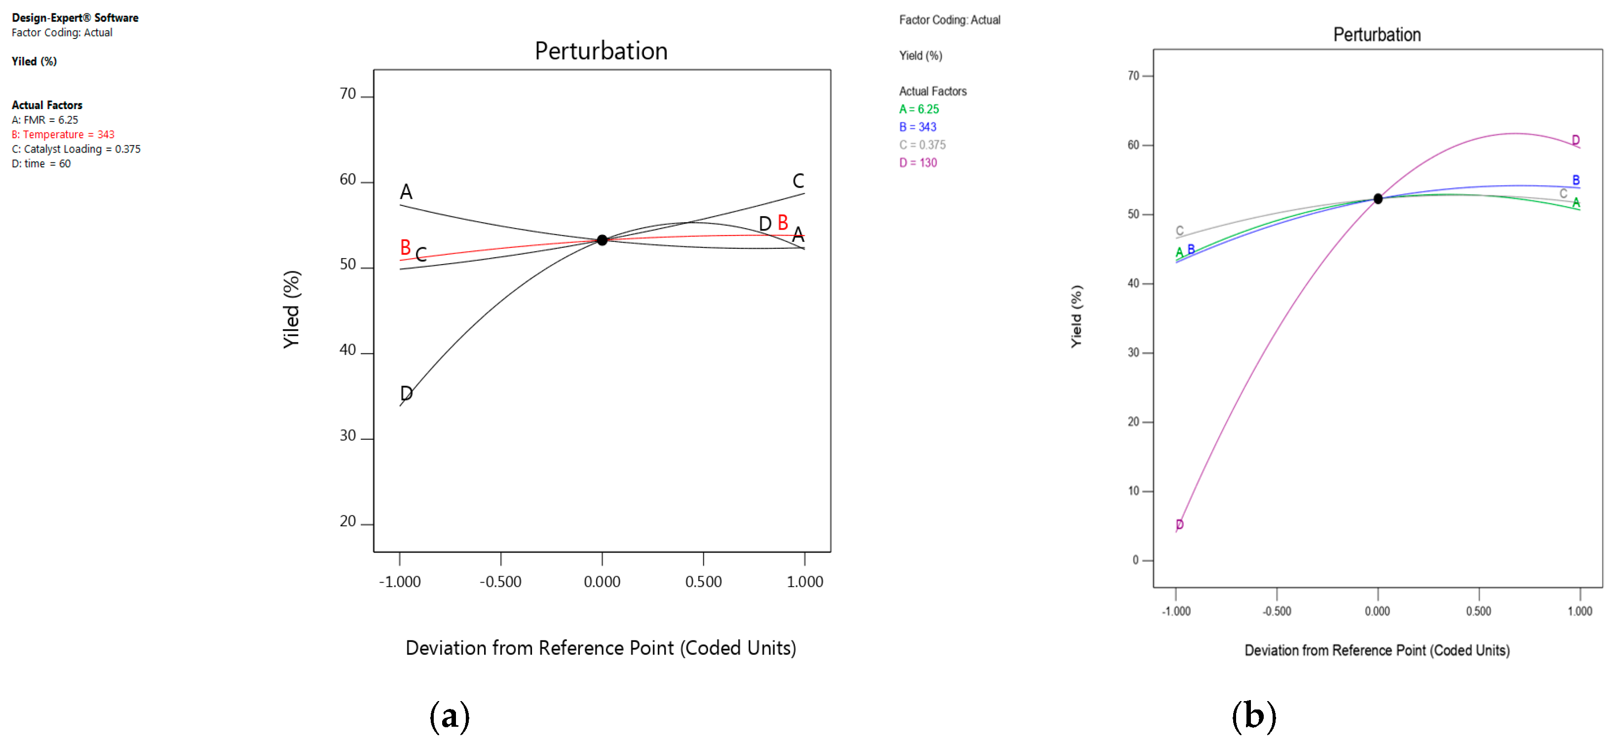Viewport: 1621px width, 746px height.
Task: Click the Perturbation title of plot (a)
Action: [601, 51]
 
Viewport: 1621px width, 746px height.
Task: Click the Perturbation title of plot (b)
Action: [1376, 35]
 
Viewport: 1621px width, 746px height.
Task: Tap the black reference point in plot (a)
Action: [602, 240]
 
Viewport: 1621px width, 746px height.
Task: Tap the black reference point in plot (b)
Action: [1377, 198]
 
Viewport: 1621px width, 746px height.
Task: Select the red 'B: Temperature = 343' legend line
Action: [63, 134]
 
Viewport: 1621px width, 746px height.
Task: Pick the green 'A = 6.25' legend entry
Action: [918, 109]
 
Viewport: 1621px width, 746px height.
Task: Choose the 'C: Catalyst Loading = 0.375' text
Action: [75, 149]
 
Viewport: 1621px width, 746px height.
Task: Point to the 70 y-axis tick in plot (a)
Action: [348, 94]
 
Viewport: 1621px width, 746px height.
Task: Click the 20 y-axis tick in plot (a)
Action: [348, 521]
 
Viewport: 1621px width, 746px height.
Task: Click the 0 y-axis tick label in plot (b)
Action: [1136, 560]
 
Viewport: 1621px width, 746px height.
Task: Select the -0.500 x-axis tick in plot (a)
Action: [500, 582]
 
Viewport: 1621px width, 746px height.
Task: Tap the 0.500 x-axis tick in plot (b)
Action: [1478, 611]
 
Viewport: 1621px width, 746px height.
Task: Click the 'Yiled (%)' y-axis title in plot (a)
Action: [291, 309]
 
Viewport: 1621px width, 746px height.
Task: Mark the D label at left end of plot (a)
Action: [407, 393]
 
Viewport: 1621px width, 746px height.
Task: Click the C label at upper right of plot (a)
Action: [798, 181]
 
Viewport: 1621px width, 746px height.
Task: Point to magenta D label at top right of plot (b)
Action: [1575, 140]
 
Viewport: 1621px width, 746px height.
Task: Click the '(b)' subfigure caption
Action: [1253, 716]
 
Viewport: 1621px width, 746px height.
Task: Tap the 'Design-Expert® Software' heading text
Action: [75, 18]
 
